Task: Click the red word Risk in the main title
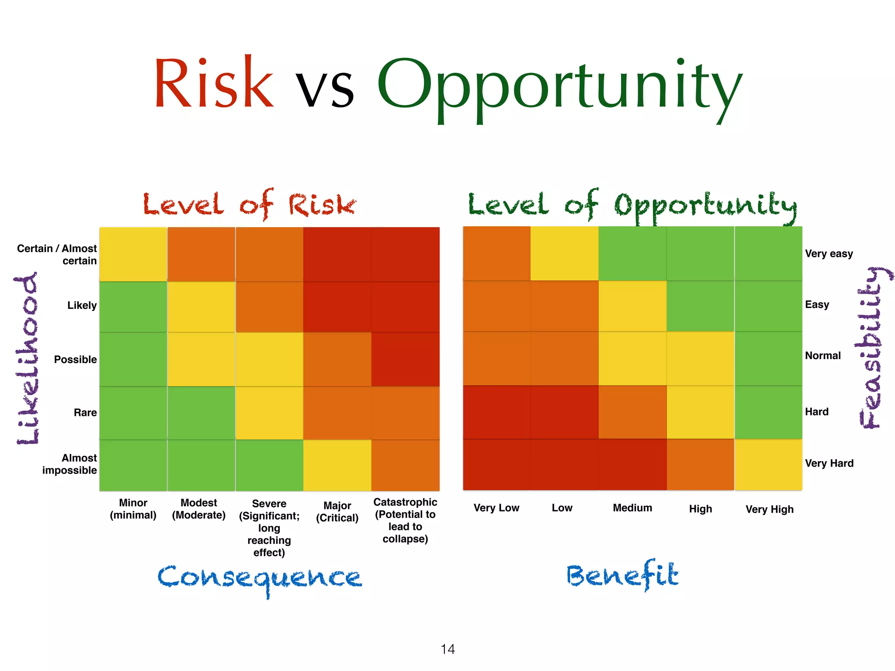coord(214,83)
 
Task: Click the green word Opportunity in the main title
coord(559,87)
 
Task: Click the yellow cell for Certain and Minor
coord(133,254)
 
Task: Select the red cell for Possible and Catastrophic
coord(406,359)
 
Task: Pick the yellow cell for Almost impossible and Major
coord(337,465)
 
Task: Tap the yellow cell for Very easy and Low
coord(565,253)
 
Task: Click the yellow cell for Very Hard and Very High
coord(768,464)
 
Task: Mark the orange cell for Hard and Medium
coord(632,412)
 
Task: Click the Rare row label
coord(85,412)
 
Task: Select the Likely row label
coord(82,305)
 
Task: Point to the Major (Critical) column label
coord(337,512)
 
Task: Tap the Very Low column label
coord(496,508)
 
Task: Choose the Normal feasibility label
coord(822,356)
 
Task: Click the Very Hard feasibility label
coord(829,463)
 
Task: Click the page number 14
coord(447,649)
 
